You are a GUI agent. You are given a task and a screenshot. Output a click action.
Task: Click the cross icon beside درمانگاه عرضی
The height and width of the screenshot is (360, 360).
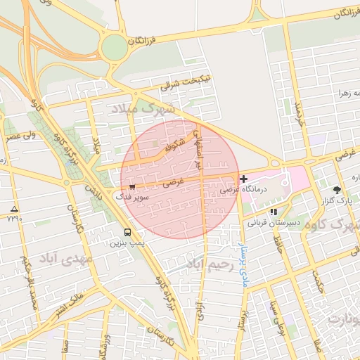[243, 180]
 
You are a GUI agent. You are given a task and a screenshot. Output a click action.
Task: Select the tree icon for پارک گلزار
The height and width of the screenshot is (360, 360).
[337, 190]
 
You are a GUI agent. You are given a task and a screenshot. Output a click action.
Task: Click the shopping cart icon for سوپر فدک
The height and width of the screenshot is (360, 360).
[132, 186]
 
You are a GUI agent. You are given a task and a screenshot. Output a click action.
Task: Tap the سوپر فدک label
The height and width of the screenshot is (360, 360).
[133, 198]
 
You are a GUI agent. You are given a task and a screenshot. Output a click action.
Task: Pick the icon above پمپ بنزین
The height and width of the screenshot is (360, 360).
[127, 232]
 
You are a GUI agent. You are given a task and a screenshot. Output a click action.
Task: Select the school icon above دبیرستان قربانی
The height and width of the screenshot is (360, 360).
[273, 211]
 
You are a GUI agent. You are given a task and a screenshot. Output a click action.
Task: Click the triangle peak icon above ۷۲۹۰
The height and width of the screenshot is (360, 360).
[15, 210]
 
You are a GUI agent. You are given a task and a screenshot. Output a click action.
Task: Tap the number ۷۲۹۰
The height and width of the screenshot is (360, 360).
[15, 219]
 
